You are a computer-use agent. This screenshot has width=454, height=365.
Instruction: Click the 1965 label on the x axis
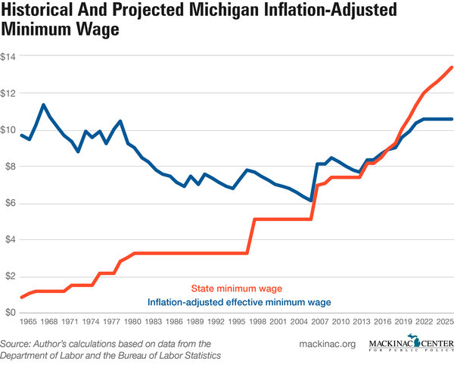point(29,322)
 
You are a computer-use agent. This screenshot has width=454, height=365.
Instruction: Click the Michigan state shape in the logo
point(412,342)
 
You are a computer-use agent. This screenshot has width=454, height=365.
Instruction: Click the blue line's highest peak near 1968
point(45,105)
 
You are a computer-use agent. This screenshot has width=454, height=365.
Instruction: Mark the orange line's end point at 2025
point(452,67)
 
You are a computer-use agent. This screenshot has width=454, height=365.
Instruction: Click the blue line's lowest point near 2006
point(310,200)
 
